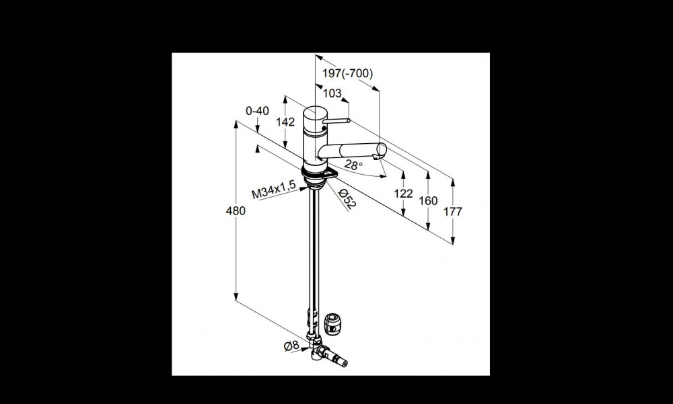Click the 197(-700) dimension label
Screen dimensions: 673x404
[348, 74]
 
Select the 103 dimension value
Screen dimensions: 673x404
[332, 93]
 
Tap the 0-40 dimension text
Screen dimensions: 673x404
[257, 111]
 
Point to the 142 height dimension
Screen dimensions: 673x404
[285, 122]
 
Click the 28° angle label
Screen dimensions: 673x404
[354, 165]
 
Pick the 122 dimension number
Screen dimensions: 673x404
[403, 194]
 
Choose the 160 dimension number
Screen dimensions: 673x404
[428, 201]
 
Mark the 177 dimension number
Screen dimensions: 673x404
[452, 212]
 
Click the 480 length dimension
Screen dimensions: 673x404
[236, 211]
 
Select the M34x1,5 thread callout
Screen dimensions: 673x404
[273, 190]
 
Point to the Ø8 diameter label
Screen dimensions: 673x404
[291, 346]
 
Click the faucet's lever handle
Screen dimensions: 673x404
[336, 122]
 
